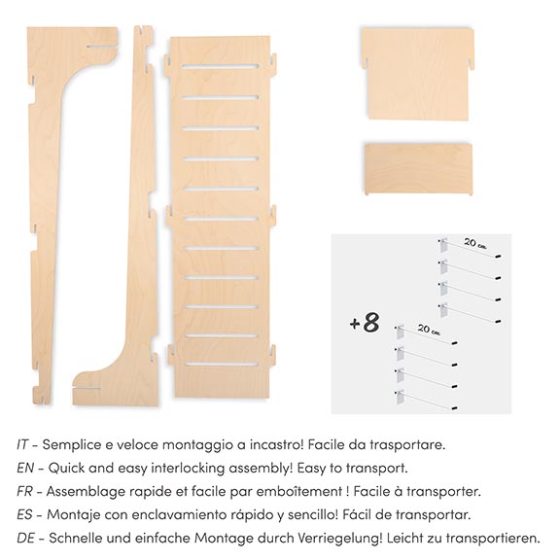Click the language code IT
tap(22, 444)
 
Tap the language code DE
tap(25, 538)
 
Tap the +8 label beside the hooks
tap(365, 323)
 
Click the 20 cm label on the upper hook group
tap(475, 244)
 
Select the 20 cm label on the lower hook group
tap(429, 330)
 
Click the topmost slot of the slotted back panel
tap(220, 66)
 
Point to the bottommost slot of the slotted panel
tap(222, 365)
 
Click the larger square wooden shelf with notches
tap(417, 74)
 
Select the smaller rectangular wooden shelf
tap(419, 169)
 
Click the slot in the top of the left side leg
tap(101, 46)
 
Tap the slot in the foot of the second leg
tap(87, 388)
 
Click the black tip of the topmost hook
tap(498, 256)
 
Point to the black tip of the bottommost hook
tap(454, 408)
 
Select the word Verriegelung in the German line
tap(340, 539)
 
